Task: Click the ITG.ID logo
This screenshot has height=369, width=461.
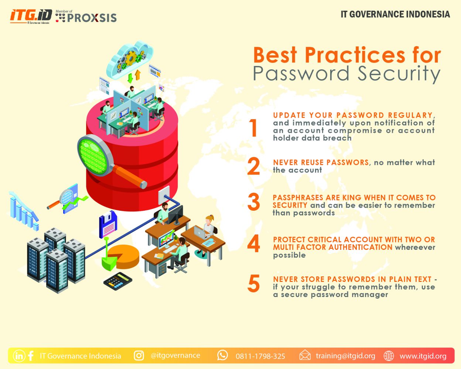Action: click(31, 16)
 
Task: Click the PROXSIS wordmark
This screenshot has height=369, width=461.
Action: click(92, 18)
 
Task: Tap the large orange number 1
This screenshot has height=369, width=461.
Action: click(254, 128)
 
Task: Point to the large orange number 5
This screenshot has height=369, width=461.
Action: click(254, 283)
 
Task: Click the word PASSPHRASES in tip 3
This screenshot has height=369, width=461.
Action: click(298, 197)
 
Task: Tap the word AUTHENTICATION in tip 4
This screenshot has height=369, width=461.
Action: click(360, 247)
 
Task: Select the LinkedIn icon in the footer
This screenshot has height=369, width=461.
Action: click(19, 356)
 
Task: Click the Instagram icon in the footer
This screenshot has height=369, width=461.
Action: click(139, 355)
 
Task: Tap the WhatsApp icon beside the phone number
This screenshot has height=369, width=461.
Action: click(222, 355)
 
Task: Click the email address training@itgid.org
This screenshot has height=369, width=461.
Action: click(345, 356)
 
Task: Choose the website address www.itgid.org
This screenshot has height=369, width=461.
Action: click(423, 356)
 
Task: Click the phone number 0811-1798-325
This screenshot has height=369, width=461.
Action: click(260, 356)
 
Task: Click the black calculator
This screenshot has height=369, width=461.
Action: click(117, 281)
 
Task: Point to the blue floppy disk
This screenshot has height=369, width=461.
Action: click(108, 224)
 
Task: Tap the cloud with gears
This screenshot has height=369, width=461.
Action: click(130, 59)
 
